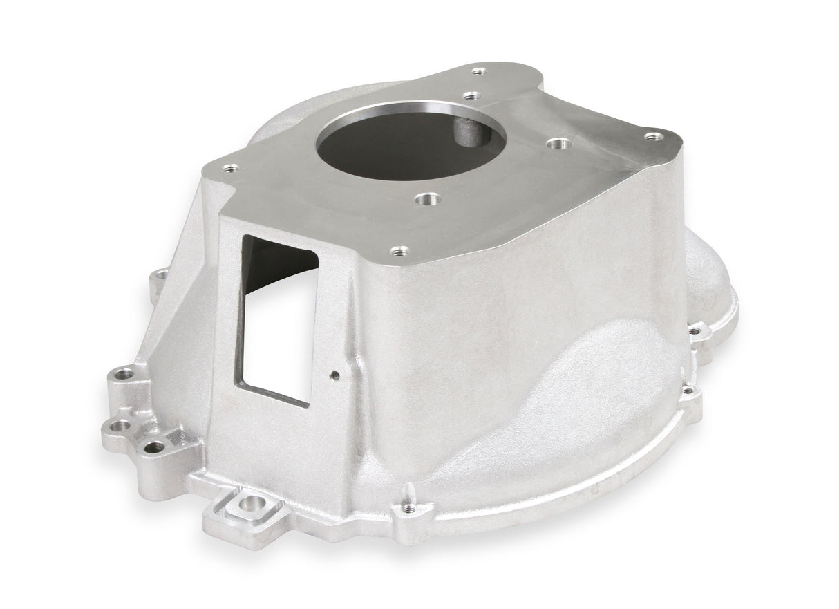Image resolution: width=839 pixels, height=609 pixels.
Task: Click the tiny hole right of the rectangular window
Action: coord(334,375)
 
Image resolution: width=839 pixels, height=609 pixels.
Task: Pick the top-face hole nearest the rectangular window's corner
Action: coord(231,167)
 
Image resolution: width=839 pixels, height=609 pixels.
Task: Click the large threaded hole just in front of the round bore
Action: coord(428,199)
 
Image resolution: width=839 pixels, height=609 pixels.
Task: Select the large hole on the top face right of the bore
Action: coord(558,144)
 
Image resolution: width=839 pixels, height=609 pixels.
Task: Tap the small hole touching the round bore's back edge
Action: coord(471,96)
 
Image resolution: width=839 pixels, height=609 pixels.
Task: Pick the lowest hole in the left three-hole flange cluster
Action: coord(155,447)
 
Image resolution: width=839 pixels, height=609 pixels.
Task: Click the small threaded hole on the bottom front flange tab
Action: coord(409,508)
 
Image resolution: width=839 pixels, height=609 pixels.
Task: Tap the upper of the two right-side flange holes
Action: coord(694,332)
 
